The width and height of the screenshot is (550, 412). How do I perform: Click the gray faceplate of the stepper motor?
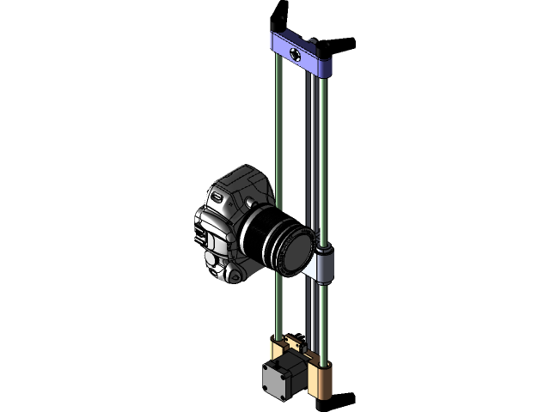[276, 380]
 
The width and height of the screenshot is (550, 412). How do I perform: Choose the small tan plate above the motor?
[293, 342]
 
